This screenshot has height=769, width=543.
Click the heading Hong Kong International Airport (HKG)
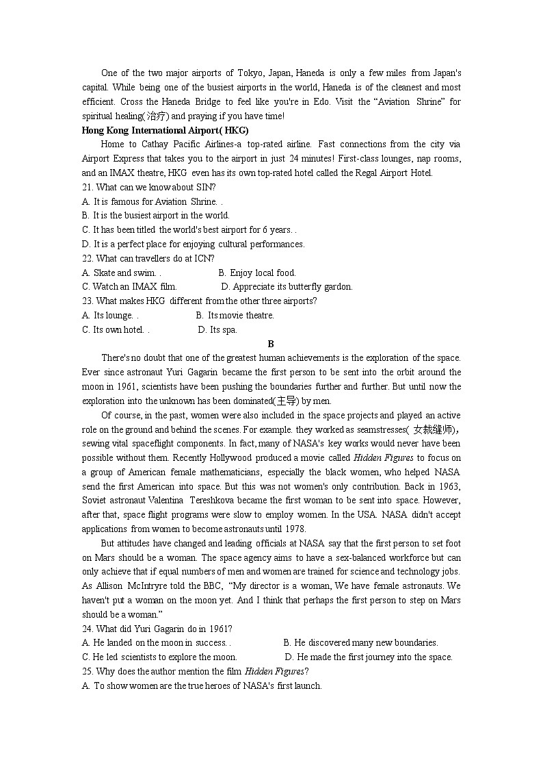[x=165, y=130]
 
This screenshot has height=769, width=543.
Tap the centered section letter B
[x=271, y=344]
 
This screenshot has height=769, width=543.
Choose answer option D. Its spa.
[x=217, y=329]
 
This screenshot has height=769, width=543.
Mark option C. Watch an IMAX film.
[x=129, y=287]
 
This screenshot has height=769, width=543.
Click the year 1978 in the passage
[x=295, y=529]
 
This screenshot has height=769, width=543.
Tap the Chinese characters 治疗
[x=157, y=116]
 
